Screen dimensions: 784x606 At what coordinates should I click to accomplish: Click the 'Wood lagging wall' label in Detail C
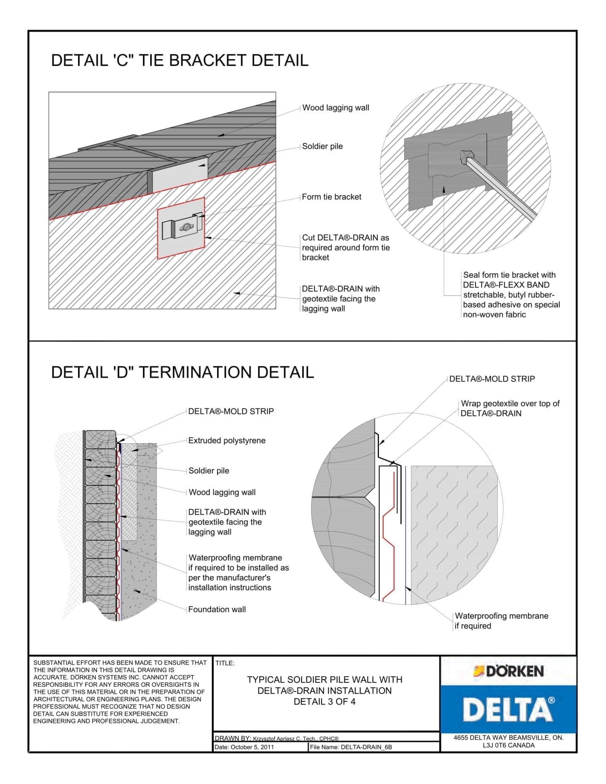point(335,108)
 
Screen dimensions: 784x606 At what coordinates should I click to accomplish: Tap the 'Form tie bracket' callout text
point(332,197)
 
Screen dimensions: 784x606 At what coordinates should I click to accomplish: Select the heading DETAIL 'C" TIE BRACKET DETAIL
point(180,60)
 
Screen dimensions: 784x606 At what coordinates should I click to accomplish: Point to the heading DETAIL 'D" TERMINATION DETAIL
point(182,372)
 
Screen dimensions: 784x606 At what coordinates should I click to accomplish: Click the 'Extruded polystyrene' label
point(227,441)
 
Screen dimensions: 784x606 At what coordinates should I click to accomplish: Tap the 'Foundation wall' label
point(217,609)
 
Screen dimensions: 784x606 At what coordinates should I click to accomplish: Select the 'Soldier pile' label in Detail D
point(209,471)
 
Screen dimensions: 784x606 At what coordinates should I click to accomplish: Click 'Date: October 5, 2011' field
point(244,747)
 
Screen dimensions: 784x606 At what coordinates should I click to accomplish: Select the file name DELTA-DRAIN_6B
point(366,747)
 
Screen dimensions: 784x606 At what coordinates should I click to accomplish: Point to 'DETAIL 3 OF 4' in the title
point(324,702)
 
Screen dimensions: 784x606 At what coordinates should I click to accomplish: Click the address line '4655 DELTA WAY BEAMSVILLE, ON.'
point(508,738)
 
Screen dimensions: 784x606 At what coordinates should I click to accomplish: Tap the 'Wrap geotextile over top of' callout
point(510,403)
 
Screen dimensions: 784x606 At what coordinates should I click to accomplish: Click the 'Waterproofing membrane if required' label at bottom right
point(501,621)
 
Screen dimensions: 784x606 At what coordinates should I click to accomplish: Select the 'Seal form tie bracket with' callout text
point(509,275)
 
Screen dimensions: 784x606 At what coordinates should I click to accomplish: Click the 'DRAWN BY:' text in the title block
point(232,738)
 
